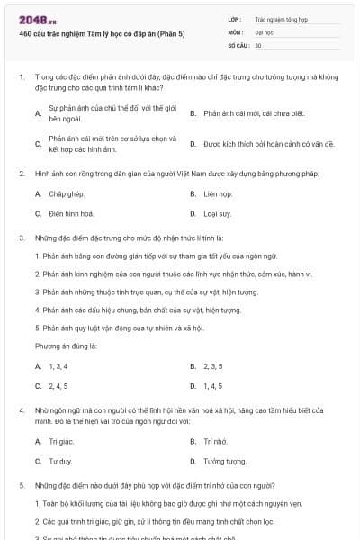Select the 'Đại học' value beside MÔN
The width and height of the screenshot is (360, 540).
click(264, 31)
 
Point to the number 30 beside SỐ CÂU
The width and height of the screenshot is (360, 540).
click(258, 44)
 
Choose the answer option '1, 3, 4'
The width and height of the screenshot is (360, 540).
click(58, 366)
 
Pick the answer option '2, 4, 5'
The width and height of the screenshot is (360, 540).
click(58, 386)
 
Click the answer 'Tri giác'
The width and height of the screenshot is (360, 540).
click(59, 441)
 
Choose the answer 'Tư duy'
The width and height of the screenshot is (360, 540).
click(59, 461)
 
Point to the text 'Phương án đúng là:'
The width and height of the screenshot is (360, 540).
click(66, 345)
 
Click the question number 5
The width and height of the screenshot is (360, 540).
click(21, 484)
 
